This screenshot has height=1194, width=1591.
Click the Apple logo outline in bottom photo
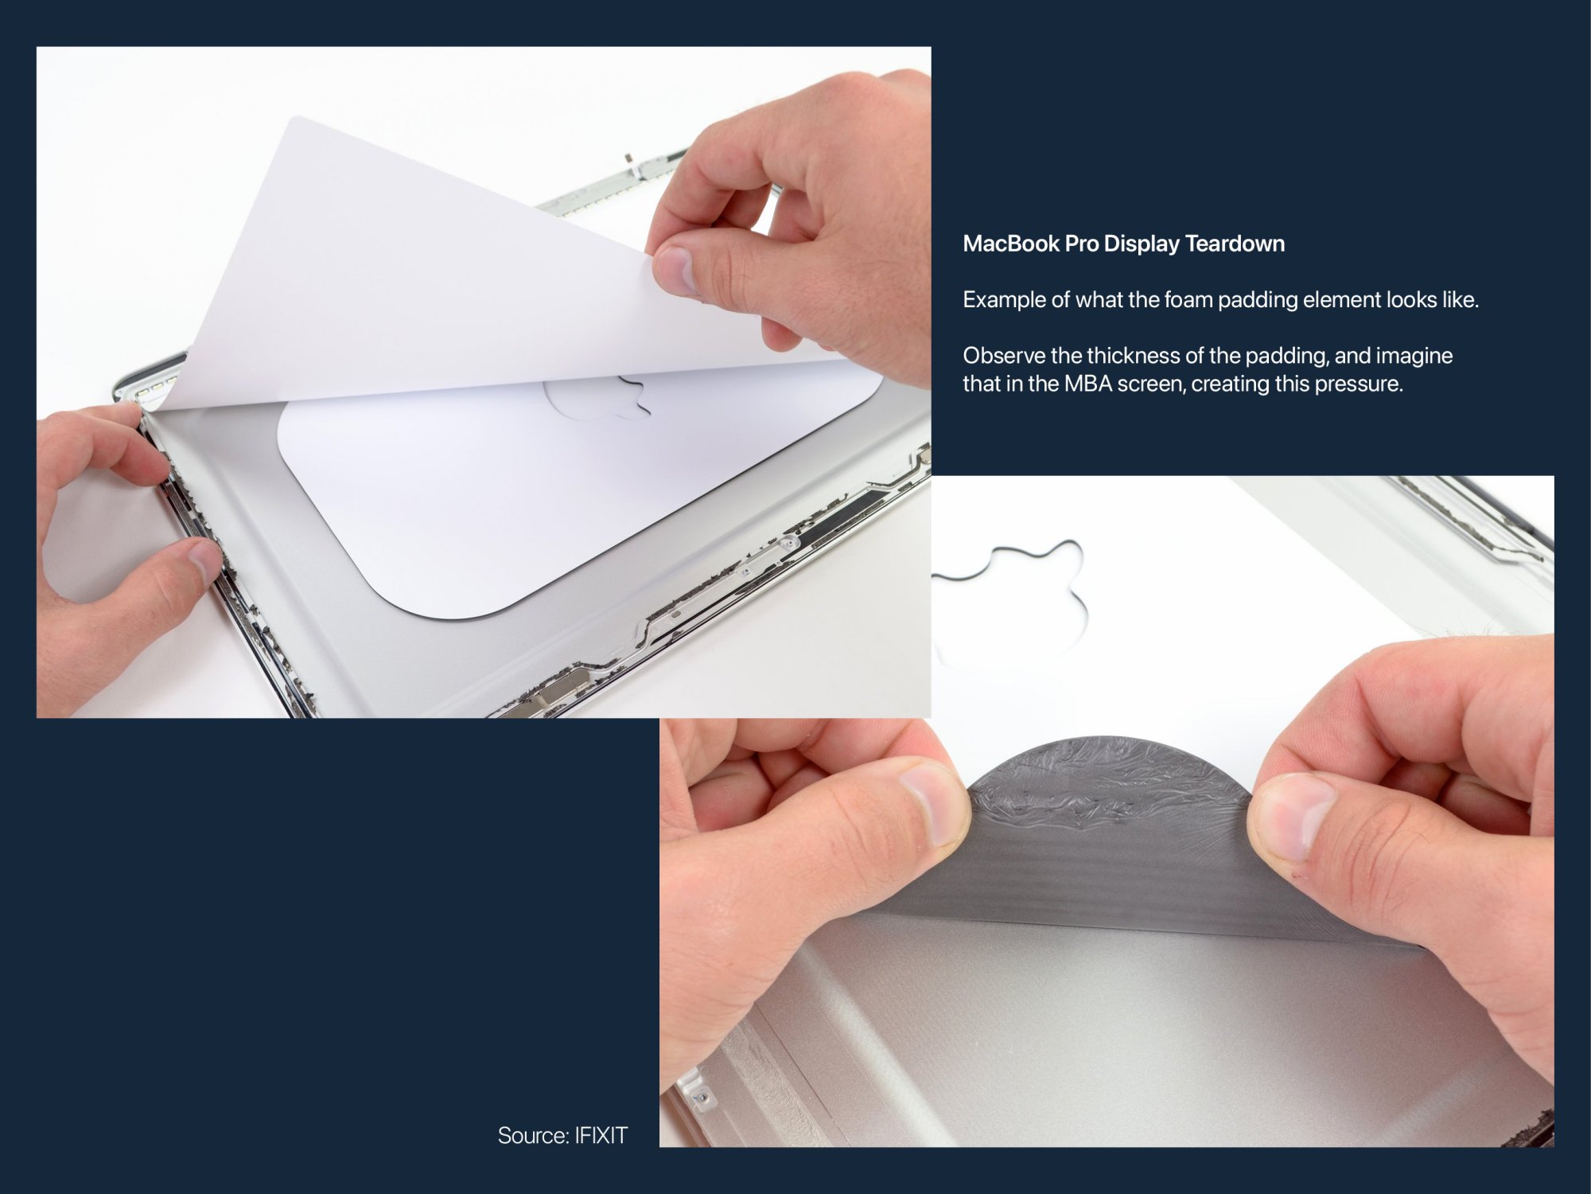pyautogui.click(x=1026, y=589)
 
